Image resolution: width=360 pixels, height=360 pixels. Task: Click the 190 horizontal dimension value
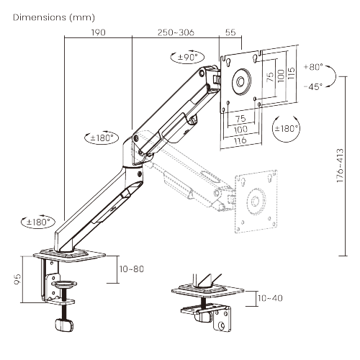(x=99, y=33)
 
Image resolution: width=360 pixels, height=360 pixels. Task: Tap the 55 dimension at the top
(x=230, y=33)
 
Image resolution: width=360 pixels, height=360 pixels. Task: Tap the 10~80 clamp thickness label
(x=132, y=269)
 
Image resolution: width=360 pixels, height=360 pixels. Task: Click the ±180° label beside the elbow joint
(x=101, y=137)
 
